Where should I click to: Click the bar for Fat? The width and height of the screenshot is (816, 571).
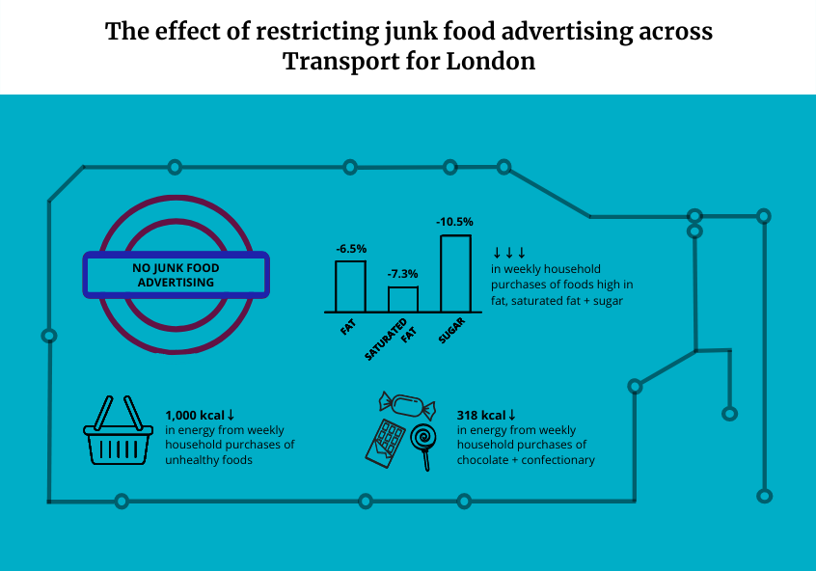click(x=350, y=286)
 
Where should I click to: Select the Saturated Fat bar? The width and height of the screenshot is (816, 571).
click(x=403, y=299)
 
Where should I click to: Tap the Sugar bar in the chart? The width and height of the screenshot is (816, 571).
click(x=455, y=273)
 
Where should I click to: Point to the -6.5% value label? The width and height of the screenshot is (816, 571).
click(x=351, y=249)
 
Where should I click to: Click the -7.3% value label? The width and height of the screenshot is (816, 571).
click(x=403, y=274)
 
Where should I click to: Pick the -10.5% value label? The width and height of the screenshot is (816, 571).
click(x=455, y=223)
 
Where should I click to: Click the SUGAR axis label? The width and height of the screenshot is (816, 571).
click(x=451, y=331)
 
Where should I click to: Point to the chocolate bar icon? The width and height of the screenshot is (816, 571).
click(x=386, y=444)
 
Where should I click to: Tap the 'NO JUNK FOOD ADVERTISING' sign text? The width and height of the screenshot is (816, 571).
click(x=175, y=275)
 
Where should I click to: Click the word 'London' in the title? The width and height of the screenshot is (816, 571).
click(x=488, y=62)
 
